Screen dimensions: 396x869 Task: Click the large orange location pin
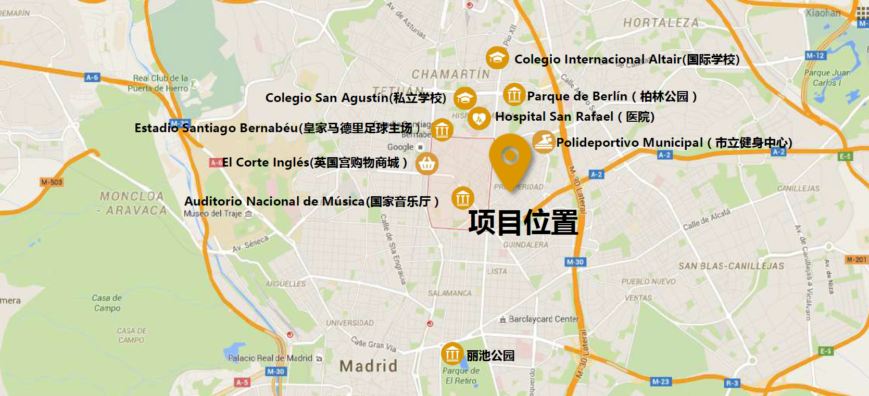click(510, 157)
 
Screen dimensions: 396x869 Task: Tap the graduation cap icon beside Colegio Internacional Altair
click(497, 58)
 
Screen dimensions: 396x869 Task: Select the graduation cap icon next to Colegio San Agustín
click(464, 98)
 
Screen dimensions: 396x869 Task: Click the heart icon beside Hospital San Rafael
click(479, 118)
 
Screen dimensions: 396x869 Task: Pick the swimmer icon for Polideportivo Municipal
click(543, 142)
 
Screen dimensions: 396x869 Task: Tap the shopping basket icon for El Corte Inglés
click(427, 163)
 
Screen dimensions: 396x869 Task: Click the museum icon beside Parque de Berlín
click(514, 95)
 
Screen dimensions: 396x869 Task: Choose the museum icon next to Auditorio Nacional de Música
click(462, 198)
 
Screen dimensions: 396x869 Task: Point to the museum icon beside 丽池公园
click(452, 354)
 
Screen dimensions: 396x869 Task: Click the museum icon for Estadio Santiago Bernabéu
click(442, 130)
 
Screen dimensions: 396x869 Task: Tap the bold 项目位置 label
click(523, 222)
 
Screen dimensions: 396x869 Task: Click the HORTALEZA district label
click(661, 22)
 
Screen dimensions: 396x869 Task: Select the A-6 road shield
click(92, 78)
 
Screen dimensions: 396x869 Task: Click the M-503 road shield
click(52, 182)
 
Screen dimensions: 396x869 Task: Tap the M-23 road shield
click(660, 381)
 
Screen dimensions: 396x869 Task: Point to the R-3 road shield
click(732, 383)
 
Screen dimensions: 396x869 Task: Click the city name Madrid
click(368, 366)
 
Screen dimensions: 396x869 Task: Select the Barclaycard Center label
click(543, 319)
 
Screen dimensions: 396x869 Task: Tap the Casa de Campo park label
click(107, 303)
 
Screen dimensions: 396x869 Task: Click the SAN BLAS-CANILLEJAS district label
click(731, 266)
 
